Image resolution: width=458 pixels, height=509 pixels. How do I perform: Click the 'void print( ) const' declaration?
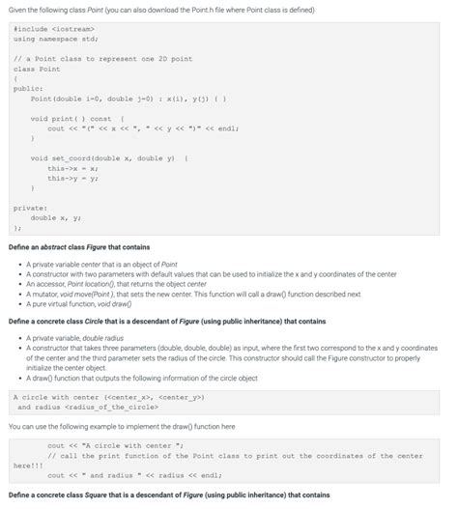coord(72,119)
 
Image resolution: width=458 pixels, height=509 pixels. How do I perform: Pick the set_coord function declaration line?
coord(106,158)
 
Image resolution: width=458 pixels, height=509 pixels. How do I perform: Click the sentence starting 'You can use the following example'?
coord(121,426)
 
